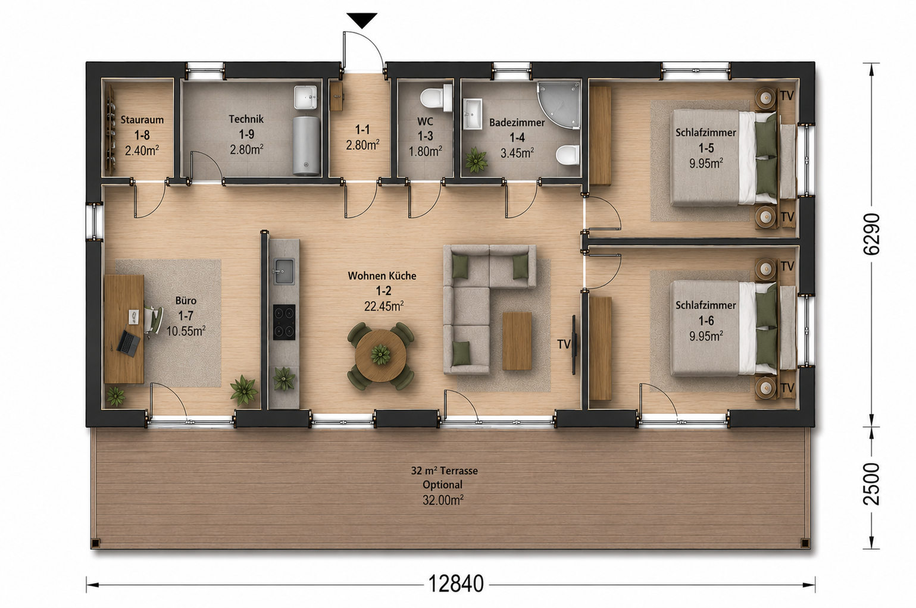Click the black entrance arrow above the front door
[362, 20]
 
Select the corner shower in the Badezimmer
[559, 105]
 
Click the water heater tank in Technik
[307, 146]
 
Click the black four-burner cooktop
[285, 322]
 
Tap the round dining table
[380, 356]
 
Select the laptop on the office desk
[128, 343]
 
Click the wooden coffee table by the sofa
[517, 341]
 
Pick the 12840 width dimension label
[456, 584]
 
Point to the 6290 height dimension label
[871, 234]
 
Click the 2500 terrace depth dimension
[871, 484]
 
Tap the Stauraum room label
[142, 120]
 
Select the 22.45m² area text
[384, 306]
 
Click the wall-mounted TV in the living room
[574, 344]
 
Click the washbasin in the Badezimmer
[473, 114]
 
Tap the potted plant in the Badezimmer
[476, 160]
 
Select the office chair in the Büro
[152, 322]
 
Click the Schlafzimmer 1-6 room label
[706, 312]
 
